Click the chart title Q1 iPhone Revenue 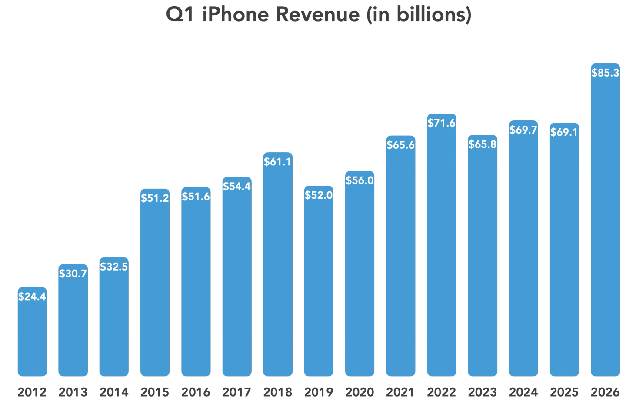319,14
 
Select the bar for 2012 32,335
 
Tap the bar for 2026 605,226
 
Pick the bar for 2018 278,270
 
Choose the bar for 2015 155,287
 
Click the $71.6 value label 441,123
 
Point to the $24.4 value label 32,297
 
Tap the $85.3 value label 605,73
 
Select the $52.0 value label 319,195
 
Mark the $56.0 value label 360,180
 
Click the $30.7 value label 73,274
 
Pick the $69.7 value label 523,130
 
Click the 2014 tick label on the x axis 114,392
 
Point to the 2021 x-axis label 400,392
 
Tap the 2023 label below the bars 483,392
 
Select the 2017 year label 237,392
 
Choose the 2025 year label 564,392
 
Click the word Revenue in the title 318,14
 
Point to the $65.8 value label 483,144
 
